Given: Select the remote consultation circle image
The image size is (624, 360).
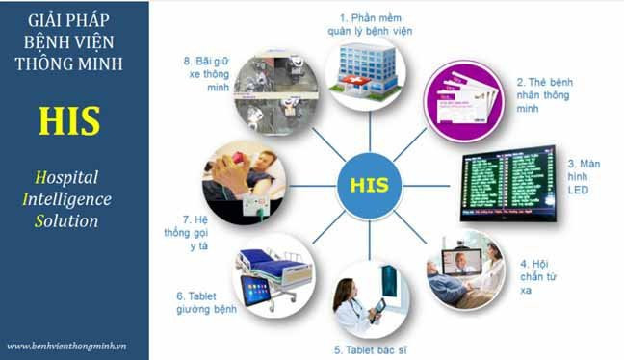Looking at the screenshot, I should tap(466, 270).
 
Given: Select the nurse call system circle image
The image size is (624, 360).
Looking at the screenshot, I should tap(242, 183).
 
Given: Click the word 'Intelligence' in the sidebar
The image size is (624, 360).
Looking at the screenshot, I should tap(72, 199).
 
